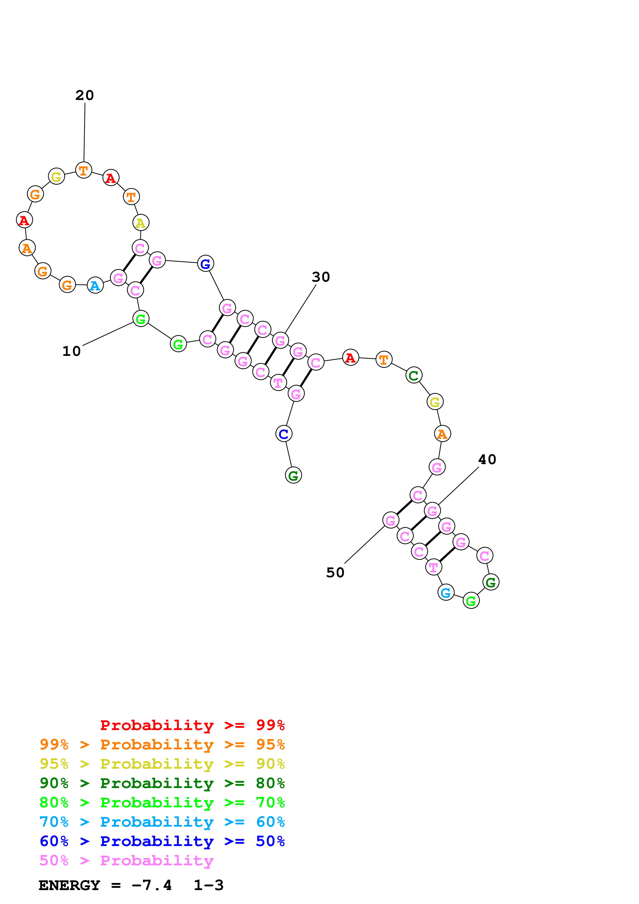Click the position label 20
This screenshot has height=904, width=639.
(85, 95)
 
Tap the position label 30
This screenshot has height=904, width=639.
(321, 277)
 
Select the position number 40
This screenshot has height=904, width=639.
(487, 459)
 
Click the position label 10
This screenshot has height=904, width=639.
(72, 351)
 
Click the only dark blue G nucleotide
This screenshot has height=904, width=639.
(205, 264)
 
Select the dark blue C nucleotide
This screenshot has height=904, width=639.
(284, 434)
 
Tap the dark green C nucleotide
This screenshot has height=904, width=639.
(413, 375)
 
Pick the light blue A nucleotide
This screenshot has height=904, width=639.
(95, 286)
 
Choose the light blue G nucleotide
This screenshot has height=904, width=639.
(446, 592)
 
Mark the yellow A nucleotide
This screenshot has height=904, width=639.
(140, 223)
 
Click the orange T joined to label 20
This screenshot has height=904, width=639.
(84, 171)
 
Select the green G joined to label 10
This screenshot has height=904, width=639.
(140, 319)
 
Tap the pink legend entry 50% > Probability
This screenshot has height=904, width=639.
(126, 861)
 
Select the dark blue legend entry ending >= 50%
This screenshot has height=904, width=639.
(162, 841)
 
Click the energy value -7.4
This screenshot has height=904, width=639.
(152, 885)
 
